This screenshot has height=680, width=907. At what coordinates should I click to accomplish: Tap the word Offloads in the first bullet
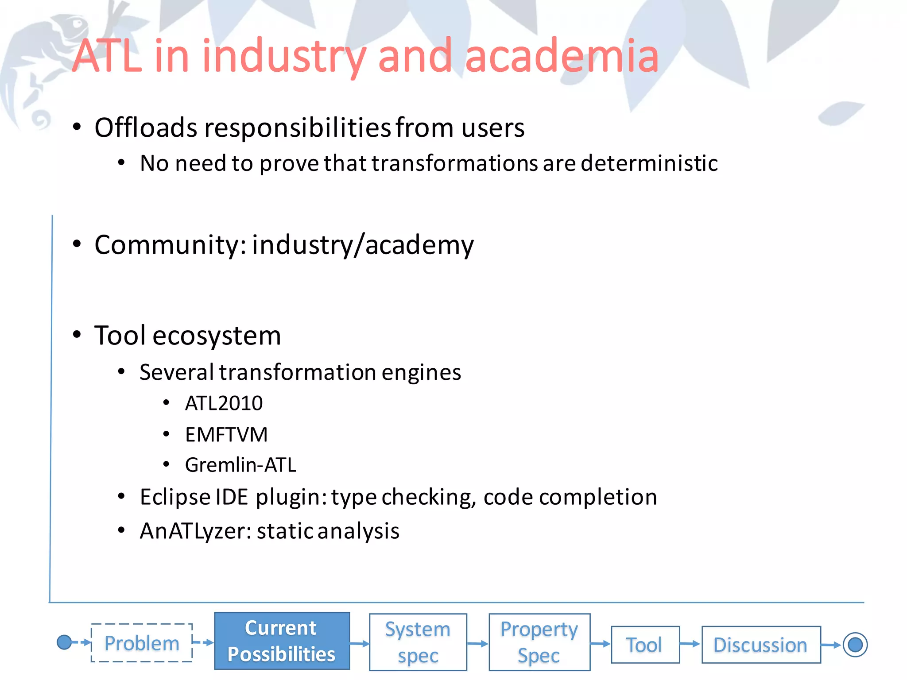tap(146, 128)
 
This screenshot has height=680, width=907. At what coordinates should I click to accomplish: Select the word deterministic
tap(649, 163)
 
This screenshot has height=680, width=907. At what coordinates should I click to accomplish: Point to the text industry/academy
tap(363, 245)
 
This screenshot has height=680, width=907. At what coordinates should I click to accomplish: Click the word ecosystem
tap(217, 336)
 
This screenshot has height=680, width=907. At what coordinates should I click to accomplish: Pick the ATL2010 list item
tap(224, 403)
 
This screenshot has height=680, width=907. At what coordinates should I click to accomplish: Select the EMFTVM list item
tap(226, 434)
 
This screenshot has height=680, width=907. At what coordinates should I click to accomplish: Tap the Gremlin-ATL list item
tap(240, 465)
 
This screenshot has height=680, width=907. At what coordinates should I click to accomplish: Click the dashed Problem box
tap(142, 643)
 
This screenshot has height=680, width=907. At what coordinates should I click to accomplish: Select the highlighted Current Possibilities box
tap(282, 641)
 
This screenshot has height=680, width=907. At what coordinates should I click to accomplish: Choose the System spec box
tap(418, 642)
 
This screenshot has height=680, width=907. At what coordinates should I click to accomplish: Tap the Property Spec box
tap(539, 642)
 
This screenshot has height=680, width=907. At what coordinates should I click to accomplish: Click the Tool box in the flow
tap(645, 645)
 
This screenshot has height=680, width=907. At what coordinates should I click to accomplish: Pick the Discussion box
tap(760, 645)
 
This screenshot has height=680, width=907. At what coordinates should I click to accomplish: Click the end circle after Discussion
tap(855, 645)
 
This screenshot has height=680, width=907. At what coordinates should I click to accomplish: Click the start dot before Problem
tap(64, 642)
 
